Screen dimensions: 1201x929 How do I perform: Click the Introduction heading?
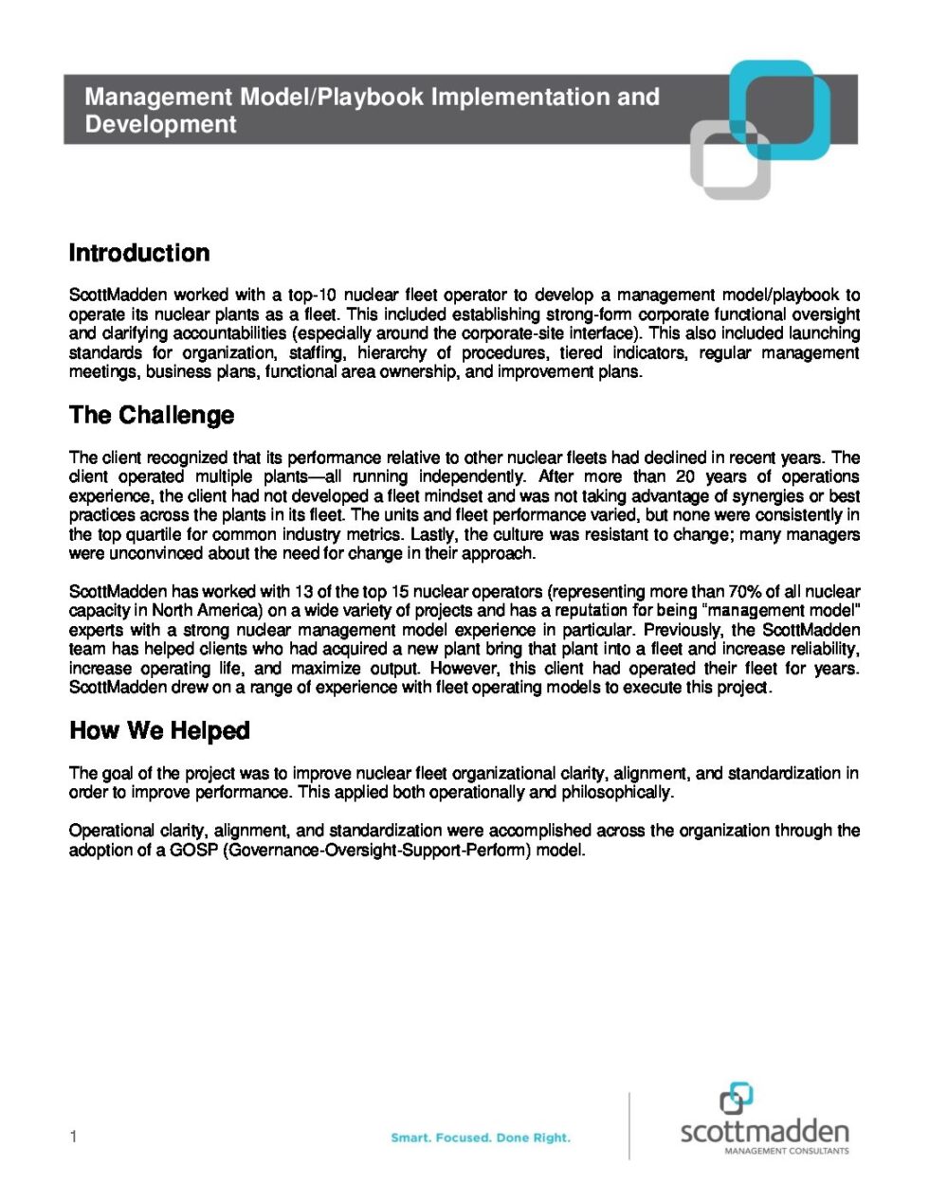(x=139, y=254)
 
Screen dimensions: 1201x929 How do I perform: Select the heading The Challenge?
(x=151, y=416)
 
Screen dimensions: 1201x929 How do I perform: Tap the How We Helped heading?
(x=159, y=731)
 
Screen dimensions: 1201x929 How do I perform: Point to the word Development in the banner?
(x=160, y=125)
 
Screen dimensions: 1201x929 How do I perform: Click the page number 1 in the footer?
(x=73, y=1137)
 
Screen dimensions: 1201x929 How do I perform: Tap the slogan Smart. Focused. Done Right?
(x=481, y=1138)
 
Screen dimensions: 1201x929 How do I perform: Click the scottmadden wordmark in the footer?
(x=764, y=1131)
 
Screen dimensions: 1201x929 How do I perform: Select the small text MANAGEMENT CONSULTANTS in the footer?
(x=786, y=1151)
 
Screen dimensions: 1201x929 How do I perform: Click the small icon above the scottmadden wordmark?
(x=736, y=1099)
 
